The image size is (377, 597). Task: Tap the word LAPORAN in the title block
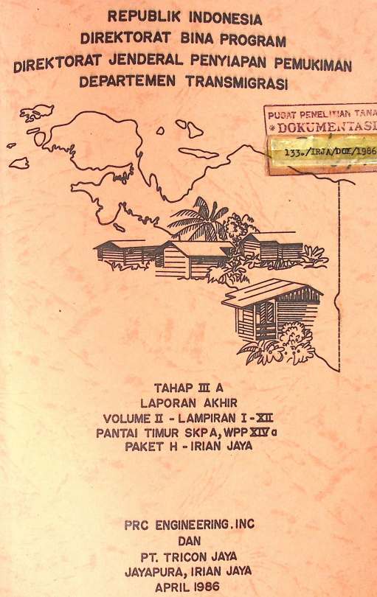(x=167, y=402)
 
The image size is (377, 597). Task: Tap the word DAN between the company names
(x=190, y=540)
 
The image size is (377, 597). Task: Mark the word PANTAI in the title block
(x=117, y=433)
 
